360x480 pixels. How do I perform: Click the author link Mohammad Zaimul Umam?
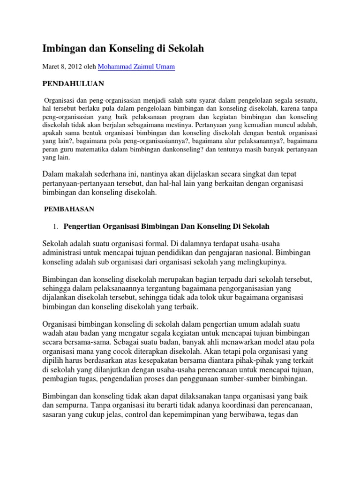coord(136,67)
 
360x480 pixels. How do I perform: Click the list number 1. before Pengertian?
coord(55,227)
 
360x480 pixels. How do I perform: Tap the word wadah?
coord(53,333)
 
